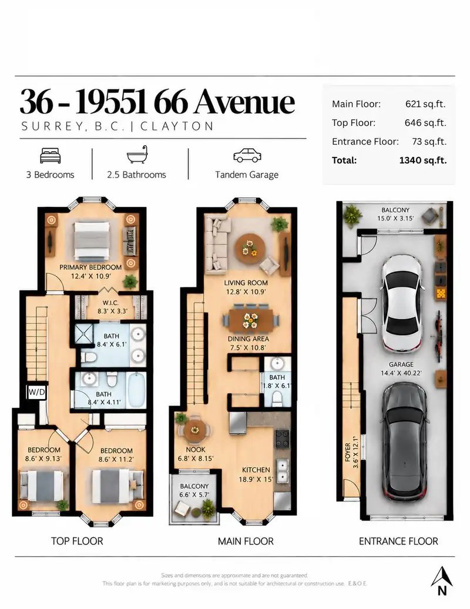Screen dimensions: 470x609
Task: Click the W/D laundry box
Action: (37, 392)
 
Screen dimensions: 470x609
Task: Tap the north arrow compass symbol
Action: (442, 581)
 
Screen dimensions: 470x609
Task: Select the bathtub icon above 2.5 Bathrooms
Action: (137, 155)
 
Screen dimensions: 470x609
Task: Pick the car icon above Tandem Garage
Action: (247, 155)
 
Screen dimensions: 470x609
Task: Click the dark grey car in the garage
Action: (405, 441)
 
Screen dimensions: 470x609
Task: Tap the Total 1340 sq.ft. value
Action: (422, 160)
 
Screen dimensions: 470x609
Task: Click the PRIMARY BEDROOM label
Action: (90, 267)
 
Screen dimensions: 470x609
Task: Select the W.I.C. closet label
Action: (110, 303)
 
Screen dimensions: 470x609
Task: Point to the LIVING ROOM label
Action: (246, 283)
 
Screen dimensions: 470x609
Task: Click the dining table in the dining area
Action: (251, 320)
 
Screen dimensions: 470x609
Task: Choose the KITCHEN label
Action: (256, 470)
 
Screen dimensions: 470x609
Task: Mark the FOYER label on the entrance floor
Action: (348, 452)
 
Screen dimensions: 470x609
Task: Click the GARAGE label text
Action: (401, 364)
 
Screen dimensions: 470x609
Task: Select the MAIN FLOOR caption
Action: (246, 541)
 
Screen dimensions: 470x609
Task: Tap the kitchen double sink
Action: (283, 471)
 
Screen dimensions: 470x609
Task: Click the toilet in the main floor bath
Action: (277, 398)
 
